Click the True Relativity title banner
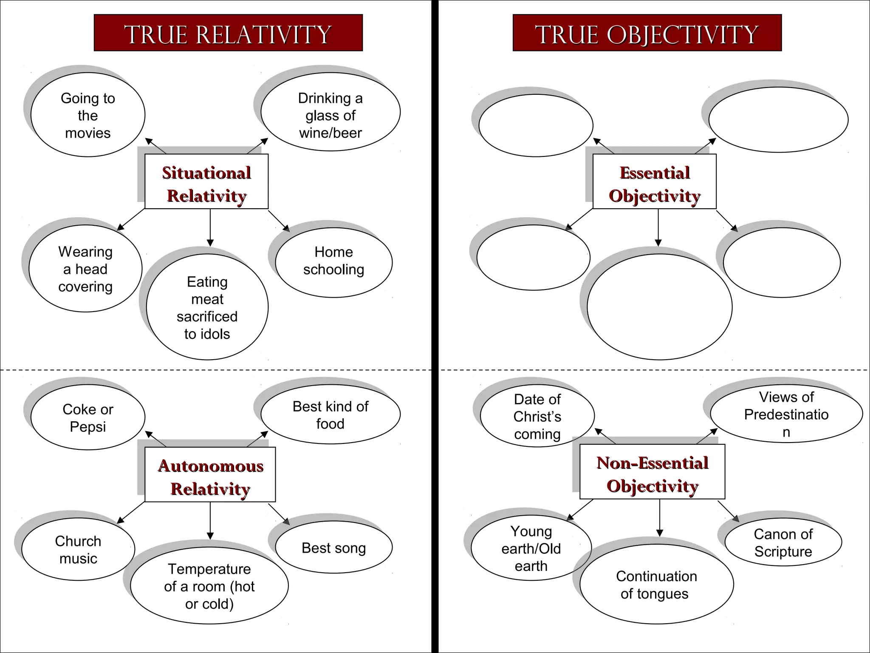point(228,33)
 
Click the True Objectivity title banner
point(647,33)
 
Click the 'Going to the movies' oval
point(88,115)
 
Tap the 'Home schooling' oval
point(334,262)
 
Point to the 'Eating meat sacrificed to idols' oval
point(207,307)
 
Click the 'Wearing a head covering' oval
point(85,269)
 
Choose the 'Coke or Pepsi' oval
point(88,417)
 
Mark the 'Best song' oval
point(334,548)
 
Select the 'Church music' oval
point(78,549)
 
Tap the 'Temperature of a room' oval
point(209,586)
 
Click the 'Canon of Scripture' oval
point(783,542)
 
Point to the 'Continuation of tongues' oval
point(656,585)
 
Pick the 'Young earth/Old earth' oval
point(531,548)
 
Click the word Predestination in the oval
point(786,415)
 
